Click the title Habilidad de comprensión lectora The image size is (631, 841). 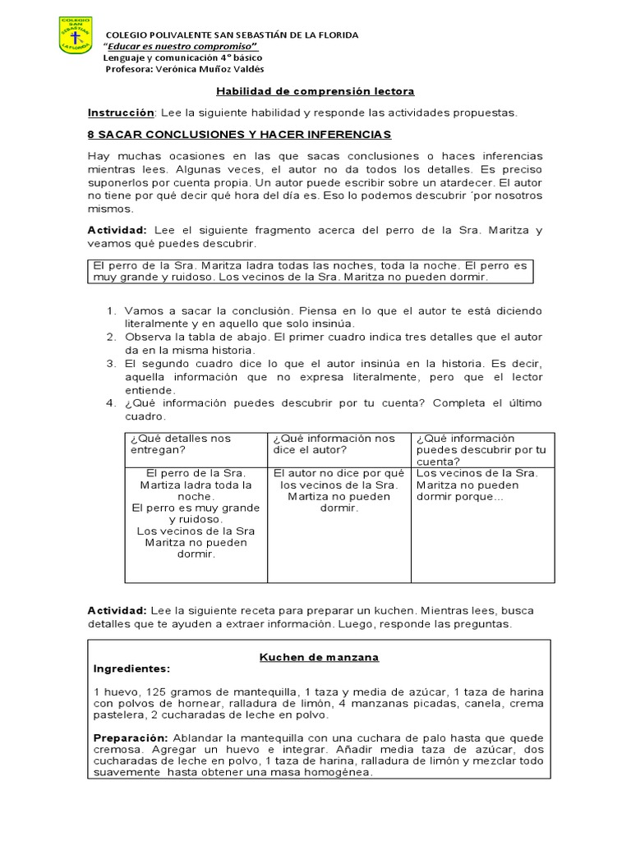[315, 91]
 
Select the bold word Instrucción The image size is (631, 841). [121, 113]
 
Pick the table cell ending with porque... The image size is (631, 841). [481, 485]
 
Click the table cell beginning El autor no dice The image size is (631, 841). [339, 490]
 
